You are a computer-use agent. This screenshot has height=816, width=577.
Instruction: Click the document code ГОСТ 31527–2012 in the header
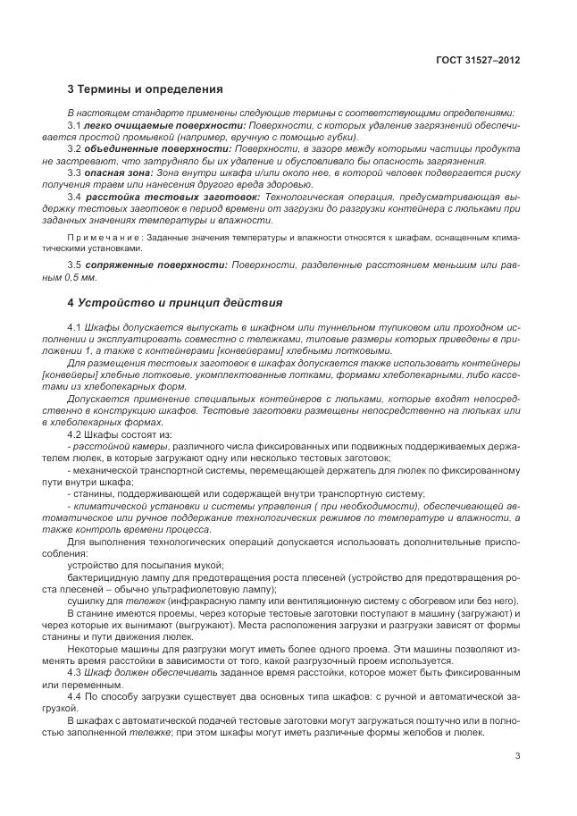pyautogui.click(x=477, y=60)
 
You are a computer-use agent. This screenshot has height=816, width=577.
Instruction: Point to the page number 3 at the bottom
pyautogui.click(x=517, y=756)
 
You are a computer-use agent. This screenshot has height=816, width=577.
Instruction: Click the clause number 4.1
pyautogui.click(x=75, y=329)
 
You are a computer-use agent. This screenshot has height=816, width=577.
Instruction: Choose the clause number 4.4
pyautogui.click(x=75, y=693)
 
